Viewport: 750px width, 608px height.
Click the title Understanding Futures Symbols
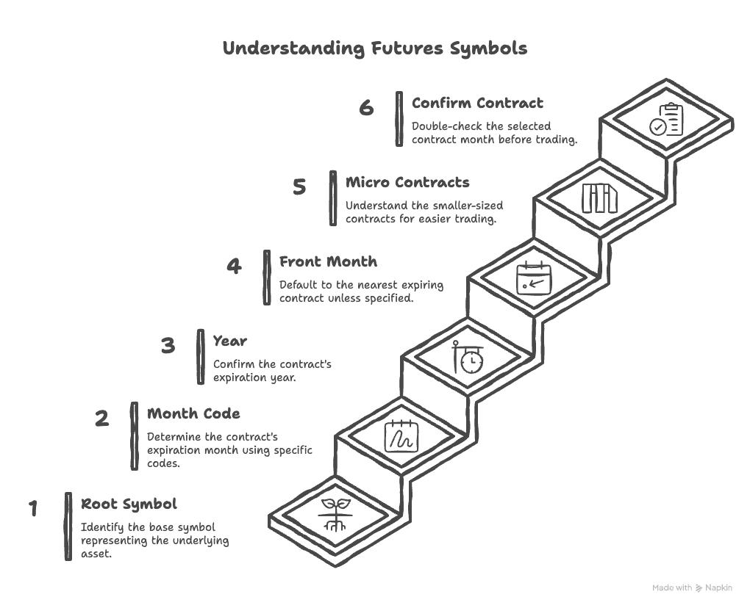pos(374,48)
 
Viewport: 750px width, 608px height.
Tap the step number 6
pos(366,108)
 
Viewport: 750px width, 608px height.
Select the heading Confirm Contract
pos(477,103)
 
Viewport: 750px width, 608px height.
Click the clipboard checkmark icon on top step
pos(666,120)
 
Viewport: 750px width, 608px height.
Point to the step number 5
pos(299,187)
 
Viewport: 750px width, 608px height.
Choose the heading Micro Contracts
pos(407,182)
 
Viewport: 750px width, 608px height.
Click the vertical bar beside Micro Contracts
pos(333,198)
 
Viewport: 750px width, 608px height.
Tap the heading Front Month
pos(328,261)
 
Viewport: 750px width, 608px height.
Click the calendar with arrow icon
pos(534,278)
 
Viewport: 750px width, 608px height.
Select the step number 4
pos(234,266)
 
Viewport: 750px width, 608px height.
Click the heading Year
pos(229,341)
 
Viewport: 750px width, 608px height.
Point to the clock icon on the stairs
pos(468,358)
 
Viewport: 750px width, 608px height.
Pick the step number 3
pos(168,345)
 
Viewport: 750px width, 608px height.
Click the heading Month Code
pos(193,413)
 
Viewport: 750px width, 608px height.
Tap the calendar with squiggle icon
pos(401,436)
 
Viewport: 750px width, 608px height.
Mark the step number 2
pos(102,419)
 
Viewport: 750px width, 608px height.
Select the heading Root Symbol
pos(129,504)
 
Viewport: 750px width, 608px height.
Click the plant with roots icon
pos(335,515)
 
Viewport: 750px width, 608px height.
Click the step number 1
pos(33,508)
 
